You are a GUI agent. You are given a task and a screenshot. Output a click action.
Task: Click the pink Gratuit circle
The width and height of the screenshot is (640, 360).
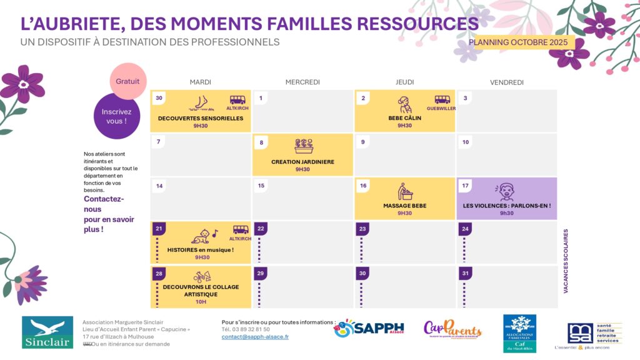click(x=128, y=81)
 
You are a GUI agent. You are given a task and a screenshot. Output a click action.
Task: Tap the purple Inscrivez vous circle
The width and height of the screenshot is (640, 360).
click(x=116, y=116)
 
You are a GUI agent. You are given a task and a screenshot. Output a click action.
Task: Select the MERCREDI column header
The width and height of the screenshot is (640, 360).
click(x=302, y=82)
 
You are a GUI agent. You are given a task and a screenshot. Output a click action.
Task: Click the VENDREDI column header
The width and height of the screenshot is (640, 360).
click(x=507, y=82)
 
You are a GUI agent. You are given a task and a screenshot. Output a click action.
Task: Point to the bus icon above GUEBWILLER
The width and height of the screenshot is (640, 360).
click(x=442, y=99)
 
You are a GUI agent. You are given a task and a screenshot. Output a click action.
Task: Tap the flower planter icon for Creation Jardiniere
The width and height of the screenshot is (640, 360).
click(x=304, y=146)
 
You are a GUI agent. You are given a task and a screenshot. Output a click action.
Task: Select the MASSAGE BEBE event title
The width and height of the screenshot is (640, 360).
click(x=404, y=206)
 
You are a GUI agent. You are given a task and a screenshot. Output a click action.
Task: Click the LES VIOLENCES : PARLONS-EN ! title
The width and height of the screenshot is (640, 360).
click(x=507, y=206)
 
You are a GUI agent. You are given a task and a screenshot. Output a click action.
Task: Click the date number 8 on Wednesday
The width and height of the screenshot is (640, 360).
click(x=261, y=142)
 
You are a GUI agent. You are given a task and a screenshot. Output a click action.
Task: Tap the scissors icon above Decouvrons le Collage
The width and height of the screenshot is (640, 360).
click(x=201, y=277)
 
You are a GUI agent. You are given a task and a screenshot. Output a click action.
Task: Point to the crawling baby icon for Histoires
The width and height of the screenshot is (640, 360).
click(x=201, y=236)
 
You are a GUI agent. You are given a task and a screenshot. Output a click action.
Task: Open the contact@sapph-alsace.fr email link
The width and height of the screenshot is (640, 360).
click(x=255, y=337)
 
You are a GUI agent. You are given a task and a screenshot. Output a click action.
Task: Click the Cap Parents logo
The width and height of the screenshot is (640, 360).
click(x=452, y=329)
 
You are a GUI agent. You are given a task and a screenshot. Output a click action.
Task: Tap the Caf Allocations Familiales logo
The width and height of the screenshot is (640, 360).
click(x=519, y=333)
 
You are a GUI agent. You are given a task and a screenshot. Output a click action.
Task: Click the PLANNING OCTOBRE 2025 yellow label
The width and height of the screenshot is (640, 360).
click(x=518, y=42)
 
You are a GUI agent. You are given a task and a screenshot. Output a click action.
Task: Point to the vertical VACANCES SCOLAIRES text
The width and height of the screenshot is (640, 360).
click(x=566, y=261)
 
